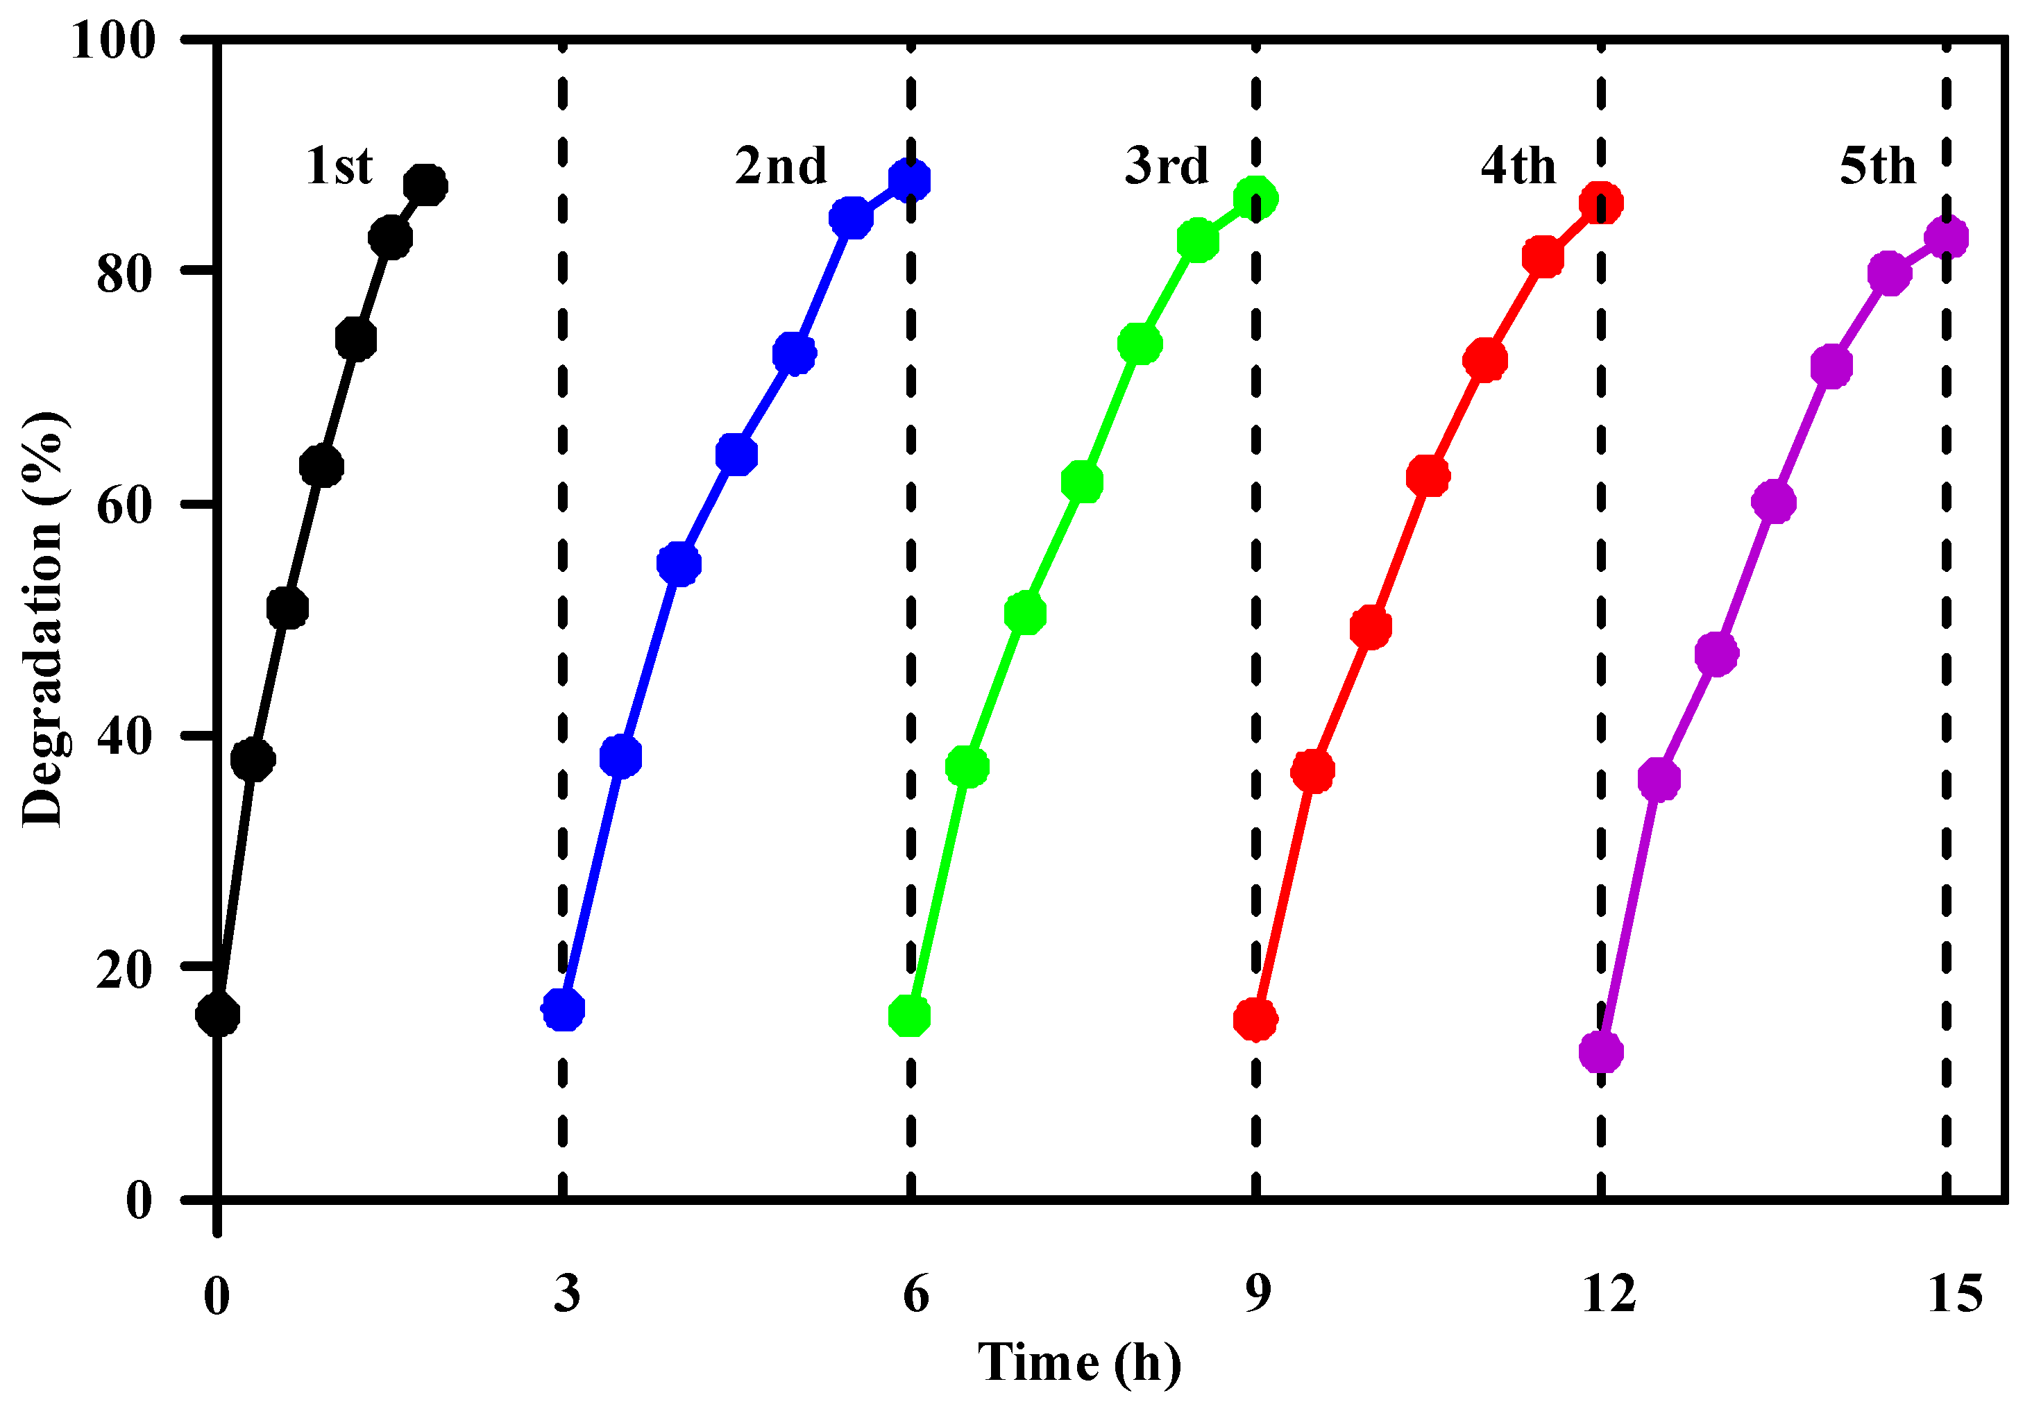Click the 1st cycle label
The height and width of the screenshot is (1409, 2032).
coord(339,166)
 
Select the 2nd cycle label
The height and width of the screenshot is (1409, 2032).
coord(780,166)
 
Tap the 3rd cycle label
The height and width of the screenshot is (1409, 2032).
coord(1166,166)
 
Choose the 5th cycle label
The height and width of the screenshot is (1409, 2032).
coord(1877,166)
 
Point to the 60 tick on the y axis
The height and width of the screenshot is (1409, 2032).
coord(124,505)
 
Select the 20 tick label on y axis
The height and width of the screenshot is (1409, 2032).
coord(124,968)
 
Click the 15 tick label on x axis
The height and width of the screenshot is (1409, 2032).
coord(1955,1294)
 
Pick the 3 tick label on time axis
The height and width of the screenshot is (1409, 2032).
coord(567,1294)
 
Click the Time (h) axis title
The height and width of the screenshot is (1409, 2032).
coord(1078,1363)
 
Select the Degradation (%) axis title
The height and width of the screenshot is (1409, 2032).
coord(42,618)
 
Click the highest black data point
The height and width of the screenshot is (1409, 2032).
coord(425,185)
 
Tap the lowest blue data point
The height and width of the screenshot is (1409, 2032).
coord(563,1009)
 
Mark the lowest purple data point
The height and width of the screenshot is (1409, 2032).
coord(1601,1052)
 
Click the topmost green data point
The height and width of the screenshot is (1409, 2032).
coord(1255,199)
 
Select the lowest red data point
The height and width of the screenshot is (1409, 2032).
coord(1255,1020)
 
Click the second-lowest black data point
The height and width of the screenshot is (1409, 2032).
coord(253,759)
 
